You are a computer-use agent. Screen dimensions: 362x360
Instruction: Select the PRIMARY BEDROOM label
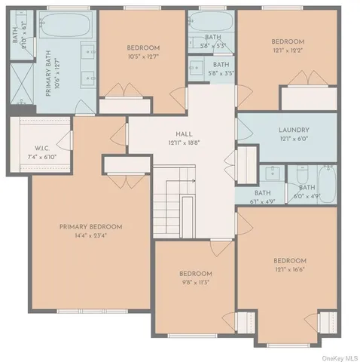[x=90, y=226]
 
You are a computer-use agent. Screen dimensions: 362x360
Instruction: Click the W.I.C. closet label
[x=41, y=148]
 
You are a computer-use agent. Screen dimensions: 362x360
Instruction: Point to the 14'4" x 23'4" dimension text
[x=90, y=235]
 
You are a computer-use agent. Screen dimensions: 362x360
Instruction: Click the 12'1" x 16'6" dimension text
[x=289, y=269]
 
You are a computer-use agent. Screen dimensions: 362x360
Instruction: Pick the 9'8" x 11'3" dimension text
[x=195, y=283]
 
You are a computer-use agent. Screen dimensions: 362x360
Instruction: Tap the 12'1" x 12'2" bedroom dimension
[x=287, y=50]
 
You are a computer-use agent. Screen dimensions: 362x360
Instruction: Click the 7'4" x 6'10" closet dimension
[x=41, y=156]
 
